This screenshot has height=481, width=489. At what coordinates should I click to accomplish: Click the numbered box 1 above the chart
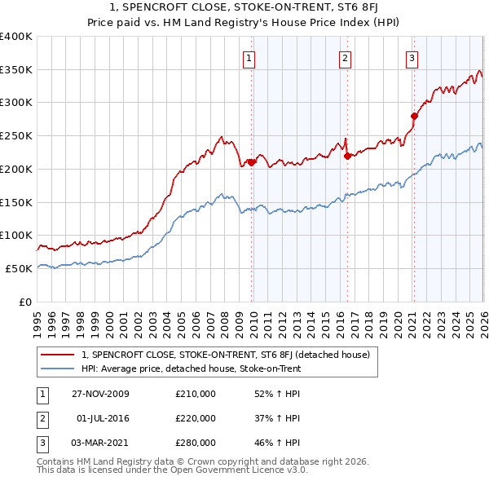(x=249, y=58)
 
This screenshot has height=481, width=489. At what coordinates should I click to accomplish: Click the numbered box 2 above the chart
(x=346, y=58)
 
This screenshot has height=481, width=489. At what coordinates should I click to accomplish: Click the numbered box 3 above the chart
(x=412, y=58)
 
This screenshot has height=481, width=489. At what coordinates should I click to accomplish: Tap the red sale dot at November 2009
(x=251, y=162)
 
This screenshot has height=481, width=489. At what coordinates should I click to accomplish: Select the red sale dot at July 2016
(x=347, y=156)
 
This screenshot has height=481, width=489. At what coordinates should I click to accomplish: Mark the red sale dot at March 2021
(x=414, y=116)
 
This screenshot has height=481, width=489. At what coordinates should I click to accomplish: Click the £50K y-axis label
(x=19, y=268)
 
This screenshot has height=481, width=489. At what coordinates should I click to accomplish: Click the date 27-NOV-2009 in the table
(x=100, y=395)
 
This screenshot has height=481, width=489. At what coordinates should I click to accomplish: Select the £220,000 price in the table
(x=196, y=418)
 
